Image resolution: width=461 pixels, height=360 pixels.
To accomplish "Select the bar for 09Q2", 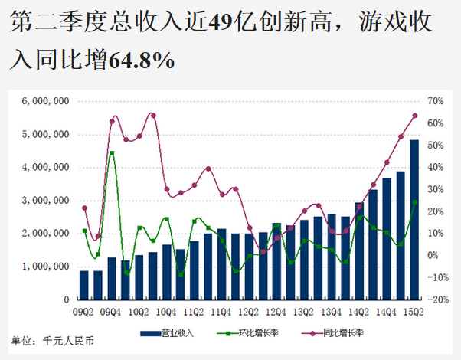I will [x=84, y=284].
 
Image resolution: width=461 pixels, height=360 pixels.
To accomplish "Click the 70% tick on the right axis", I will [x=435, y=101].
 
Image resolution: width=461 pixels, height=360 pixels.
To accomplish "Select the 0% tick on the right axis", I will [x=433, y=256].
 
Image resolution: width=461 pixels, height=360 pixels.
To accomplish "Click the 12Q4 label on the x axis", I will [x=276, y=313].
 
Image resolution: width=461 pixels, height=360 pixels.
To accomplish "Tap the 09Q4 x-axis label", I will [x=112, y=313].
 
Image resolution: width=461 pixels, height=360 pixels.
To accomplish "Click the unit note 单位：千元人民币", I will [x=46, y=339].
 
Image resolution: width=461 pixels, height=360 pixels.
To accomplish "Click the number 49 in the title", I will [x=221, y=25].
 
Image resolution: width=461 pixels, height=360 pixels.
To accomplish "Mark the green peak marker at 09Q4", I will [x=112, y=153].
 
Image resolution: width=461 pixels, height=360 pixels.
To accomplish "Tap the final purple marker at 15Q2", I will [x=414, y=116].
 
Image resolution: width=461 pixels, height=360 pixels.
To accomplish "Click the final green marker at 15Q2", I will [x=414, y=202].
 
